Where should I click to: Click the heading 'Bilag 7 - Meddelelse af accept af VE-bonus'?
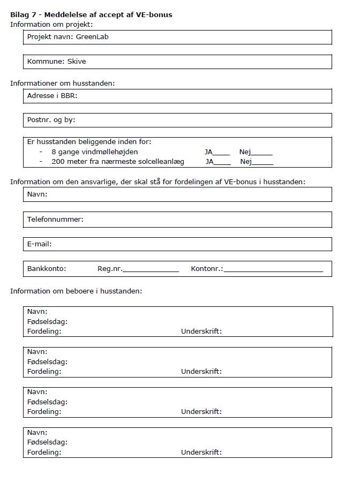pos(91,14)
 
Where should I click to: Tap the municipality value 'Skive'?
pos(77,62)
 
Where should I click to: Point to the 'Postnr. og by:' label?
pos(51,120)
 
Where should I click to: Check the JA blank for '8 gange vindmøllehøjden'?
pos(222,153)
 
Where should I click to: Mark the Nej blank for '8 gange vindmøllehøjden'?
pos(262,153)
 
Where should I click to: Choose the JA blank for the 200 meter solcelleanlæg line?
pos(223,162)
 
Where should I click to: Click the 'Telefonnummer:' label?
pos(55,220)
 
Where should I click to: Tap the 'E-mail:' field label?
pos(39,244)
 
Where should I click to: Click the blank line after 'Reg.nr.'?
pos(151,269)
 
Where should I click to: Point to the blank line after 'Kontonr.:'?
pos(273,269)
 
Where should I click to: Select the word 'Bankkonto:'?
pos(47,269)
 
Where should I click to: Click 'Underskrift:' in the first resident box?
pos(201,331)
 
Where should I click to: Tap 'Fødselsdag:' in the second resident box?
pos(47,361)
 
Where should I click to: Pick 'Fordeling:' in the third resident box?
pos(44,412)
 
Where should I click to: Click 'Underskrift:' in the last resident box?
pos(201,453)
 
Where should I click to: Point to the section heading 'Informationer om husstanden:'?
pos(62,84)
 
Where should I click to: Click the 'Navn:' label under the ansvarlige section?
pos(37,194)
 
